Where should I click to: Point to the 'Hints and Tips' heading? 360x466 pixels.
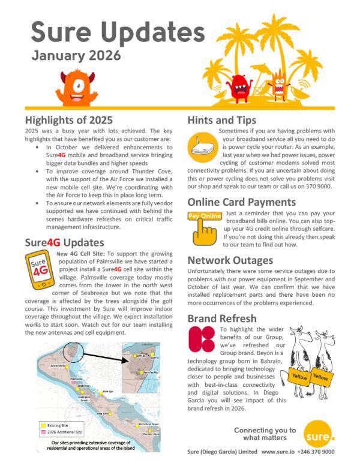(222, 120)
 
